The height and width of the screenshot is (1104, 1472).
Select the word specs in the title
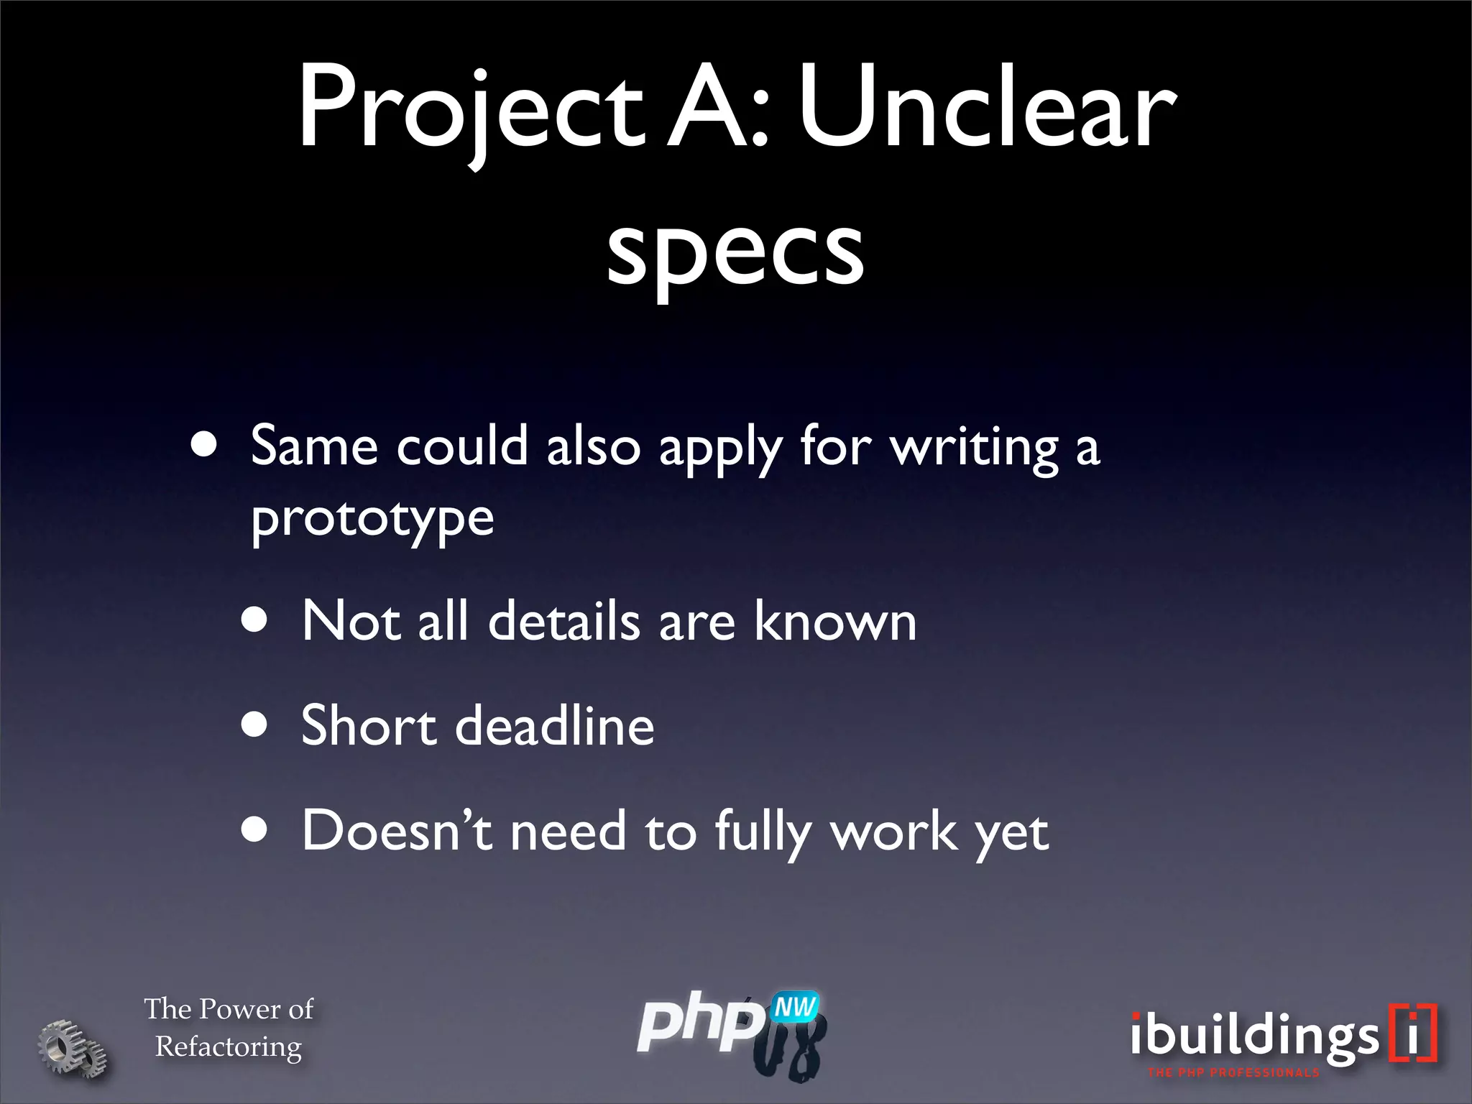pos(735,248)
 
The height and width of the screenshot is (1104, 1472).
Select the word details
pos(564,621)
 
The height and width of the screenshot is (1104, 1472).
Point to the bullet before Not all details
pos(254,620)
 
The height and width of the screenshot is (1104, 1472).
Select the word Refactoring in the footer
pos(229,1047)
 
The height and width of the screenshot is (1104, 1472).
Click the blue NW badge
pos(795,1008)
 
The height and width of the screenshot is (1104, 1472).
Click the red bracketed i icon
pos(1413,1033)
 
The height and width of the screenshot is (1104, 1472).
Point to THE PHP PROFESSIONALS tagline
pos(1233,1073)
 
